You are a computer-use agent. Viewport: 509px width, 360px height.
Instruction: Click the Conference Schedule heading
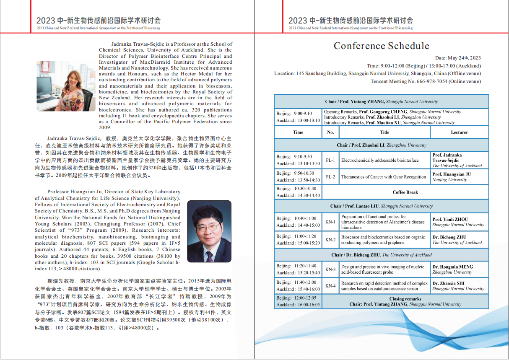pos(381,46)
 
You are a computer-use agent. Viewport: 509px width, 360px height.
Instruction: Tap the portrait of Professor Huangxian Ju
pos(209,231)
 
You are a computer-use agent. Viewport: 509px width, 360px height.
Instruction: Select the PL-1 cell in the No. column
pos(330,161)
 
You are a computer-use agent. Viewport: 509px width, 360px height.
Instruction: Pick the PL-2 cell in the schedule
pos(330,177)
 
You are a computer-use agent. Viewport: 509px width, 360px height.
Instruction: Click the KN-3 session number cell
pos(330,269)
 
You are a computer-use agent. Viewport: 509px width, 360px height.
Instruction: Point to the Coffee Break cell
pos(405,192)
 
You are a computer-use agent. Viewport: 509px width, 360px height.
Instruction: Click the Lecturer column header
pos(459,132)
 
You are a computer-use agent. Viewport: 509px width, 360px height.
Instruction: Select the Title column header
pos(384,132)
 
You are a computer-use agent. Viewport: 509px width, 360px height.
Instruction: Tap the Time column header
pos(298,132)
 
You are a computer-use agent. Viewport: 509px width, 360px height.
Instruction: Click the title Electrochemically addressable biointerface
pos(380,161)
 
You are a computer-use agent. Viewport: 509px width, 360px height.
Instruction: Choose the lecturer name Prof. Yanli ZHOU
pos(450,219)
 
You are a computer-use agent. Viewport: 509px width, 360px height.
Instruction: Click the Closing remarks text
pos(405,299)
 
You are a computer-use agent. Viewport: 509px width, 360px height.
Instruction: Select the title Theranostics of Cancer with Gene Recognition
pos(383,177)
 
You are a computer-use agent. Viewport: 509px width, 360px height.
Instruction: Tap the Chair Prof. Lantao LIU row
pos(381,206)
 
